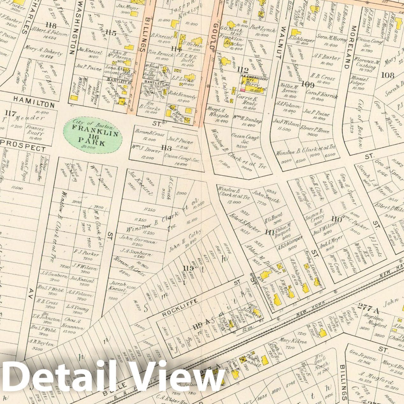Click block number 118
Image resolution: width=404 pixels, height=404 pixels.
pyautogui.click(x=51, y=26)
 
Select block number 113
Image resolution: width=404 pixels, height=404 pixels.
pyautogui.click(x=166, y=148)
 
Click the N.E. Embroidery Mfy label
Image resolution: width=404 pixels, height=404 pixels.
pyautogui.click(x=254, y=79)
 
